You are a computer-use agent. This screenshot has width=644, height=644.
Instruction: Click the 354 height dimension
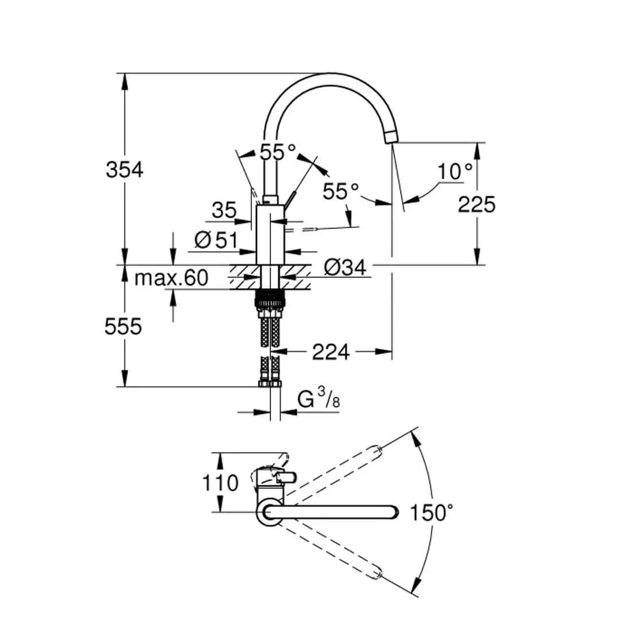pos(125,170)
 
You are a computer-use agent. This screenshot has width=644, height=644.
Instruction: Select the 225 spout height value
pos(476,204)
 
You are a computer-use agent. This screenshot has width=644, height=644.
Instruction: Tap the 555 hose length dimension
pos(123,327)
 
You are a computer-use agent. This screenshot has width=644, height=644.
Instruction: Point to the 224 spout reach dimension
pos(331,352)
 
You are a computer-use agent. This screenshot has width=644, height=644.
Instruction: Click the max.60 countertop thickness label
pos(171,278)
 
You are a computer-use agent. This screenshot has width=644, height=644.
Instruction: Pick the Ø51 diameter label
pos(215,240)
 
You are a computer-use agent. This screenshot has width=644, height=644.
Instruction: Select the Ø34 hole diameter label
pos(344,267)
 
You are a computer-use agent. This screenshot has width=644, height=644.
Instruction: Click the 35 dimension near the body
pos(223,211)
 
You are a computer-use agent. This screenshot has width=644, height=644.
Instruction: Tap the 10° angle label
pos(455,171)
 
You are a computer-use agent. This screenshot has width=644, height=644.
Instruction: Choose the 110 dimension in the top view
pos(219,483)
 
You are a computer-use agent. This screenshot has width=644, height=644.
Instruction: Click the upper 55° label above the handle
pos(278,152)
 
